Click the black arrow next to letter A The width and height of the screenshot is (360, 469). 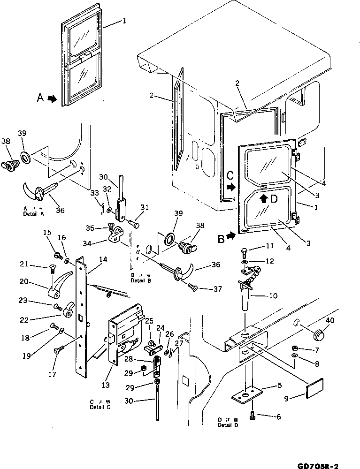[x=52, y=98]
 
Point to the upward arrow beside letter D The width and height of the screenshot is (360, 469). [x=265, y=198]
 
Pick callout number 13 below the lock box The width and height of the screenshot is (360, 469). [x=106, y=385]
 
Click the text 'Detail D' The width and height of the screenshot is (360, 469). [x=228, y=425]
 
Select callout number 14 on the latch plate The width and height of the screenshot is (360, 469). [x=103, y=259]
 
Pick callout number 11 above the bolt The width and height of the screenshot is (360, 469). [x=269, y=245]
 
